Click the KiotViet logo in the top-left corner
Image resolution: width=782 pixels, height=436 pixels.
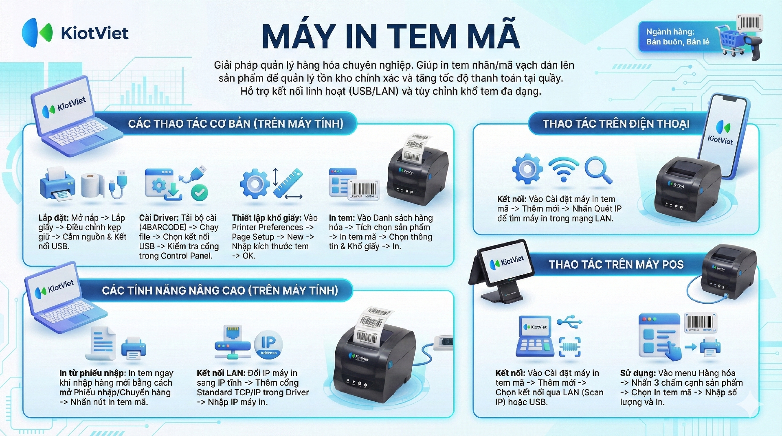click(x=75, y=33)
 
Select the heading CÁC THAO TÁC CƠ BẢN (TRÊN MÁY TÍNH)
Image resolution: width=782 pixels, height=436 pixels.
click(x=236, y=124)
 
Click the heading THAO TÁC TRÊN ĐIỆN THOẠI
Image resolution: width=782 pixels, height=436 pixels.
click(x=616, y=124)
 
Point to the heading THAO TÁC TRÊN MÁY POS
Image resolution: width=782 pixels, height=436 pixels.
click(x=616, y=265)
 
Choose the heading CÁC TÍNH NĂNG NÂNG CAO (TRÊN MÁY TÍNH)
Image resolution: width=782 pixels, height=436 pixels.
click(x=220, y=290)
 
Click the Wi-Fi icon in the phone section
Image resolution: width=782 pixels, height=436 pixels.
click(x=564, y=169)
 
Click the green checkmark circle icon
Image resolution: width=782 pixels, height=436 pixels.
click(x=200, y=193)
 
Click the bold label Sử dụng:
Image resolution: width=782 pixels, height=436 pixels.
click(x=638, y=373)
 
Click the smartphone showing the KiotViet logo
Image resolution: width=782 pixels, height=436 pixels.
click(x=723, y=136)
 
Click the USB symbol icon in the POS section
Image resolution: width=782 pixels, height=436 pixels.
click(x=569, y=321)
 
